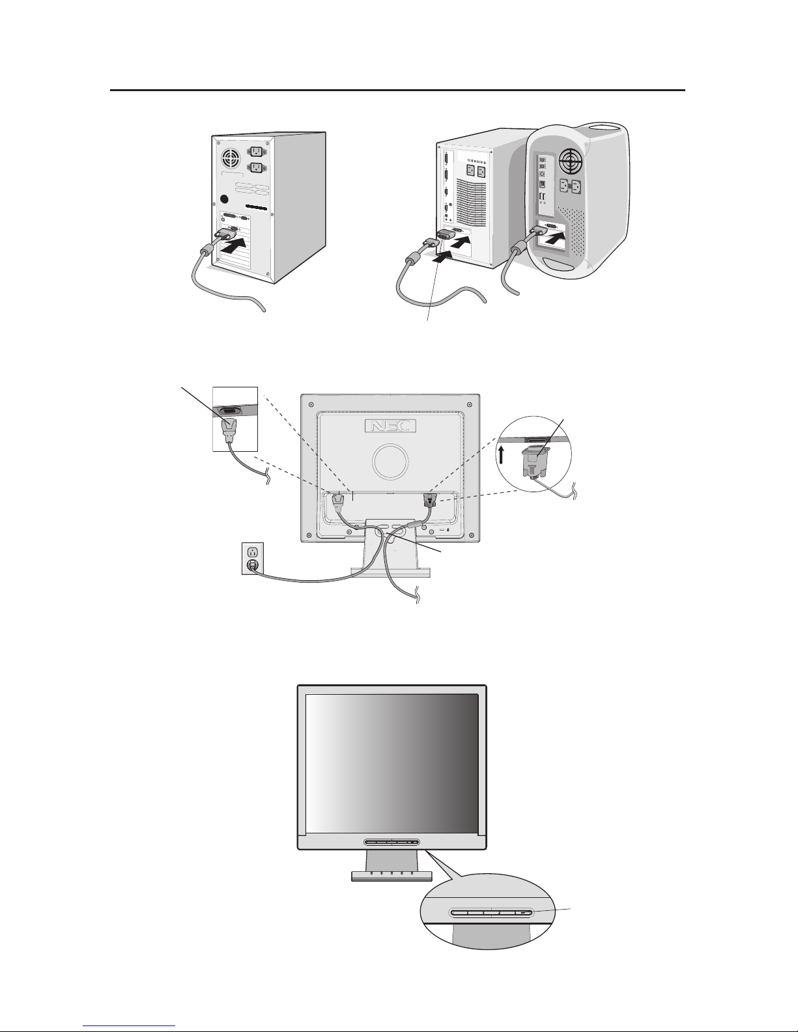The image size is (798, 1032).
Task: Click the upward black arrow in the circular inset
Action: click(x=501, y=453)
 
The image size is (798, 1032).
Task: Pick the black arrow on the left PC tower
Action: click(x=235, y=246)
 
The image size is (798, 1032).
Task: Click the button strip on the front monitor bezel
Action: click(x=392, y=842)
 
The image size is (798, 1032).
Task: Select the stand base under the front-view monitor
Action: click(x=392, y=875)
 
